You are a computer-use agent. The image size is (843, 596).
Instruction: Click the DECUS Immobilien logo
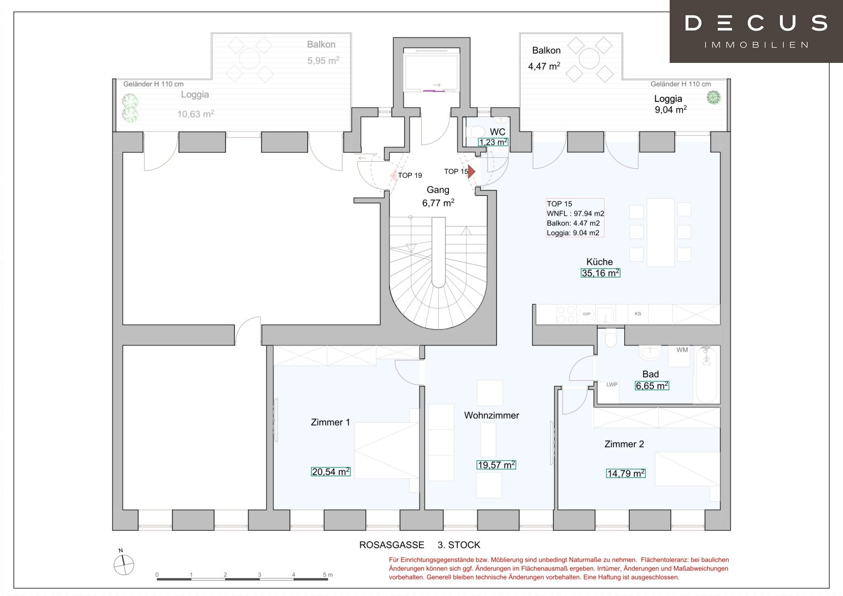pyautogui.click(x=756, y=31)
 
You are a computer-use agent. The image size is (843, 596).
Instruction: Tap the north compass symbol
pyautogui.click(x=124, y=563)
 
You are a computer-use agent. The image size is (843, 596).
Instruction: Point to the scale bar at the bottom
pyautogui.click(x=243, y=578)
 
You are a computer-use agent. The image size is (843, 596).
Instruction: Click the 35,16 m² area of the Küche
pyautogui.click(x=600, y=273)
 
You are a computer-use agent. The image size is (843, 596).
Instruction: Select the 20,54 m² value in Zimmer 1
pyautogui.click(x=331, y=472)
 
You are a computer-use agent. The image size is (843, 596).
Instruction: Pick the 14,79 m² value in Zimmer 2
pyautogui.click(x=625, y=473)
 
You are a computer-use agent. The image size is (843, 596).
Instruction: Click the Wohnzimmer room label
pyautogui.click(x=491, y=416)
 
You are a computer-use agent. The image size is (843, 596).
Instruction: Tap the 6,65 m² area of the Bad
pyautogui.click(x=651, y=386)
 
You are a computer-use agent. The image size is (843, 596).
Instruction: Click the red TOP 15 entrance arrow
pyautogui.click(x=471, y=172)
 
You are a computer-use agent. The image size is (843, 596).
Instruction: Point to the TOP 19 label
pyautogui.click(x=410, y=175)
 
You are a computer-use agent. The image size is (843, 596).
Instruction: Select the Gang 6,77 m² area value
pyautogui.click(x=438, y=203)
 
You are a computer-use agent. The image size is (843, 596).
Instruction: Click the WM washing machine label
pyautogui.click(x=682, y=350)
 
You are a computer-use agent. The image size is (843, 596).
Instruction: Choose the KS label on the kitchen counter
pyautogui.click(x=638, y=314)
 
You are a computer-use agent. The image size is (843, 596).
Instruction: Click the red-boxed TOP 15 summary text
pyautogui.click(x=575, y=218)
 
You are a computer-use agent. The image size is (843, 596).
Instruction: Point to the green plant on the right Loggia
pyautogui.click(x=713, y=98)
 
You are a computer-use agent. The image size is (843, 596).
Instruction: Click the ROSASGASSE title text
pyautogui.click(x=391, y=545)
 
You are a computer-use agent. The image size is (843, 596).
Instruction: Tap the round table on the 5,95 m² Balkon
pyautogui.click(x=250, y=58)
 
